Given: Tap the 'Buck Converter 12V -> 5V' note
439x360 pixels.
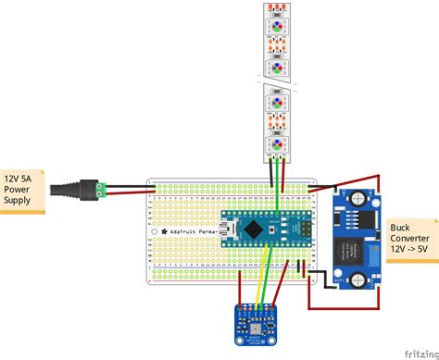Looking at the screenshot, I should pos(412,240).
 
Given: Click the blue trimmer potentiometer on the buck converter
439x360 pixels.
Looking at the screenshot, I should pos(373,251).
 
